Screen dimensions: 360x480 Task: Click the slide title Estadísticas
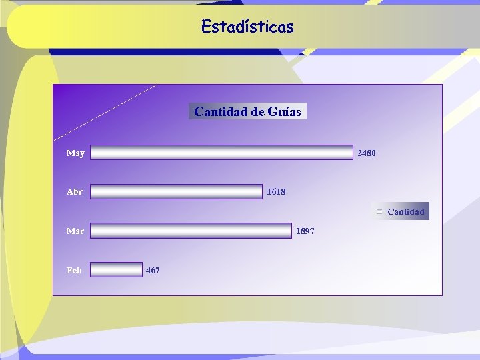point(247,27)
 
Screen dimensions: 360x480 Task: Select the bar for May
point(221,153)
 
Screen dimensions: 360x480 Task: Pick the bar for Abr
point(176,192)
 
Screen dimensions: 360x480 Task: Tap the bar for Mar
point(191,231)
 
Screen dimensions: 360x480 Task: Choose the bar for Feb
point(116,269)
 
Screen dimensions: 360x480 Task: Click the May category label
point(75,153)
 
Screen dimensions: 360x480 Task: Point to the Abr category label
point(75,192)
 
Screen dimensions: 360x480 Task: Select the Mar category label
point(75,231)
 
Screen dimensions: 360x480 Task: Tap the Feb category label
point(74,270)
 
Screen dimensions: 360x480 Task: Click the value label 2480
point(367,153)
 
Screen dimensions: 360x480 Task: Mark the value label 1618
point(276,192)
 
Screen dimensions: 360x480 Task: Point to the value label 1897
point(305,231)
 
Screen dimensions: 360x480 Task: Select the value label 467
point(153,270)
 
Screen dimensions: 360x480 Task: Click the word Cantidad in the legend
point(405,212)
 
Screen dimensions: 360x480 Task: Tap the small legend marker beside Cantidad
point(379,211)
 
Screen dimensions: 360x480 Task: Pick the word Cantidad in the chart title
point(221,112)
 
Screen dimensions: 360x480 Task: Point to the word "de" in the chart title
point(257,112)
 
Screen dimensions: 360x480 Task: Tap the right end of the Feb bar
point(140,269)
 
